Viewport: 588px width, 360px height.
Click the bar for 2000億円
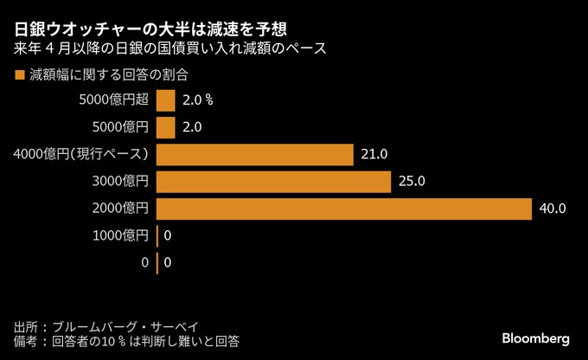pyautogui.click(x=343, y=209)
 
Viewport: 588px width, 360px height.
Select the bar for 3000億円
pyautogui.click(x=274, y=182)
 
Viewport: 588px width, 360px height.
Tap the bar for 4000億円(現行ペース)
pyautogui.click(x=255, y=155)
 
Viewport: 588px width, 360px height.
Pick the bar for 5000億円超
pyautogui.click(x=166, y=101)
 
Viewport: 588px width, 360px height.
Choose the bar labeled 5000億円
pyautogui.click(x=166, y=128)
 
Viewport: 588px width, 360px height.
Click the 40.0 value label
pyautogui.click(x=552, y=209)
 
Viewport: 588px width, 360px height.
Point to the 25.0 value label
pyautogui.click(x=412, y=182)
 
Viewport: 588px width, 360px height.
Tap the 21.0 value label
pyautogui.click(x=374, y=155)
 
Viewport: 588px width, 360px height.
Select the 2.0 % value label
pyautogui.click(x=199, y=101)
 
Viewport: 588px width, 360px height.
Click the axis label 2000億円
pyautogui.click(x=120, y=209)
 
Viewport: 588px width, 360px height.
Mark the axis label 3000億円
pyautogui.click(x=120, y=182)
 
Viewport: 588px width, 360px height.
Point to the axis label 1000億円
pyautogui.click(x=120, y=235)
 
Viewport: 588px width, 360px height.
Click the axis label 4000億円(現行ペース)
pyautogui.click(x=82, y=155)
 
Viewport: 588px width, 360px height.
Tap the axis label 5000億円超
pyautogui.click(x=113, y=101)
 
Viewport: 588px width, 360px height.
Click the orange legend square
pyautogui.click(x=19, y=75)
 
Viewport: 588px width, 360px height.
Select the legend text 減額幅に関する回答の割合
pyautogui.click(x=109, y=75)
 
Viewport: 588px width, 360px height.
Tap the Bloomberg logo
pyautogui.click(x=535, y=337)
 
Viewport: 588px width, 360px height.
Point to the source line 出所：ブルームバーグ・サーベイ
pyautogui.click(x=106, y=326)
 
